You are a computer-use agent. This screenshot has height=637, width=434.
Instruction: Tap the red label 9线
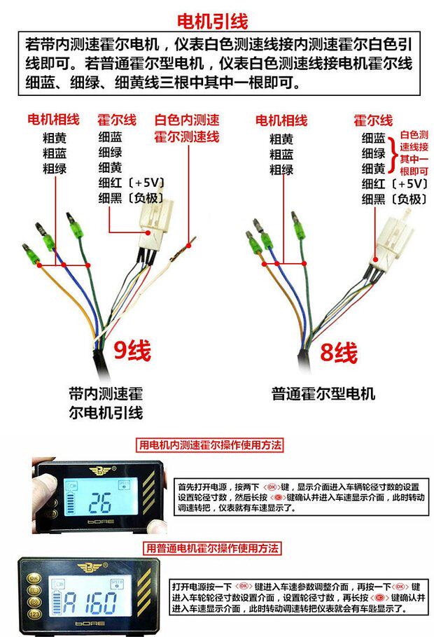(132, 350)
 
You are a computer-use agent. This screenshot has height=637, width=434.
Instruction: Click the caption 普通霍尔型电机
(323, 393)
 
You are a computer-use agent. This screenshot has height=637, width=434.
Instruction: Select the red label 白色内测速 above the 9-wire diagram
(187, 120)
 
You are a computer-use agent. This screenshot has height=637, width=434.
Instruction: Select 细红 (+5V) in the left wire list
(131, 183)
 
